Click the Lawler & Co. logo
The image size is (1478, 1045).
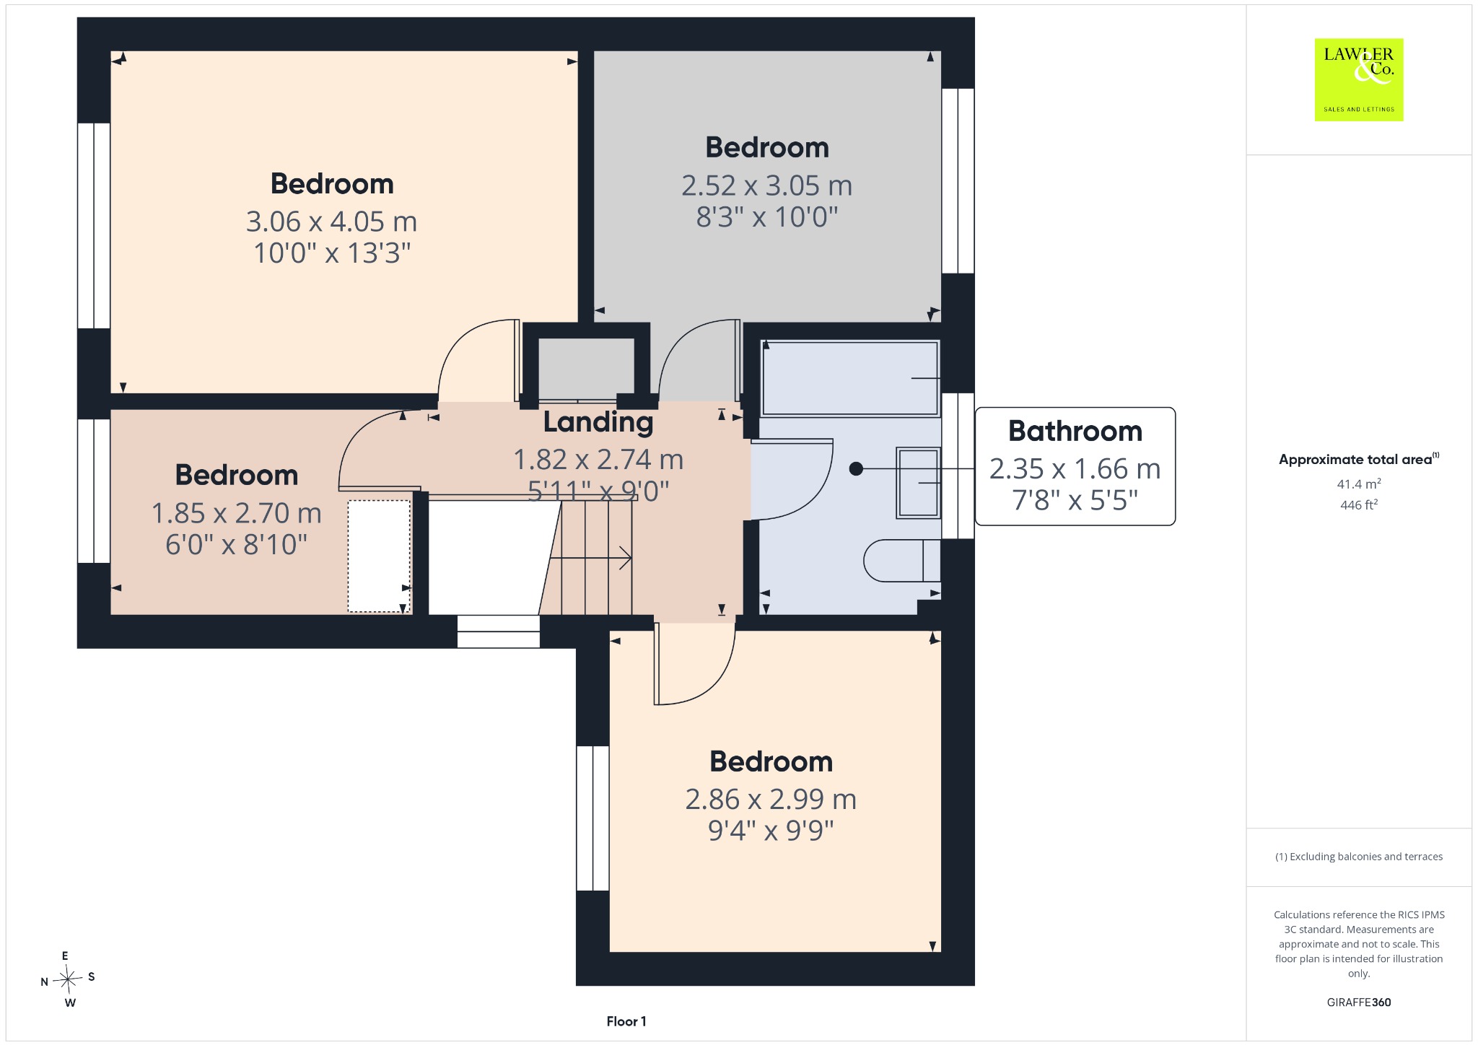tap(1358, 79)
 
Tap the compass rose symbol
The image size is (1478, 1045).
tap(69, 979)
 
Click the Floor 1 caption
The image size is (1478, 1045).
tap(626, 1021)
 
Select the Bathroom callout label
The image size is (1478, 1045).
tap(1075, 466)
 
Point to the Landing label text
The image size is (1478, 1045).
tap(598, 422)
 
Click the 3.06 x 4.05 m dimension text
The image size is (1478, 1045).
tap(332, 222)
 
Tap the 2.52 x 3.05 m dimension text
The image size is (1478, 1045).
tap(767, 185)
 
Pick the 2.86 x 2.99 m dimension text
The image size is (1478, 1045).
tap(771, 799)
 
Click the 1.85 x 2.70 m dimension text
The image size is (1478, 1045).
tap(237, 513)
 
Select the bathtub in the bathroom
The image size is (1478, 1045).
tap(850, 378)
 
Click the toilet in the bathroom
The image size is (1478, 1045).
tap(902, 561)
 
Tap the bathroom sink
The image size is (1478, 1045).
tap(918, 483)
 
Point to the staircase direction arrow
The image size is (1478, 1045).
tap(591, 558)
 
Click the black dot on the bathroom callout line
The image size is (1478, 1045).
tap(856, 469)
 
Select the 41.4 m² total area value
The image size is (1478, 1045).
tap(1359, 484)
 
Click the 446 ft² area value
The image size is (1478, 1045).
tap(1359, 505)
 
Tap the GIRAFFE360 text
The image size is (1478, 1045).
tap(1359, 1002)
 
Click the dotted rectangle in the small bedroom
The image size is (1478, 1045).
tap(379, 556)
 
